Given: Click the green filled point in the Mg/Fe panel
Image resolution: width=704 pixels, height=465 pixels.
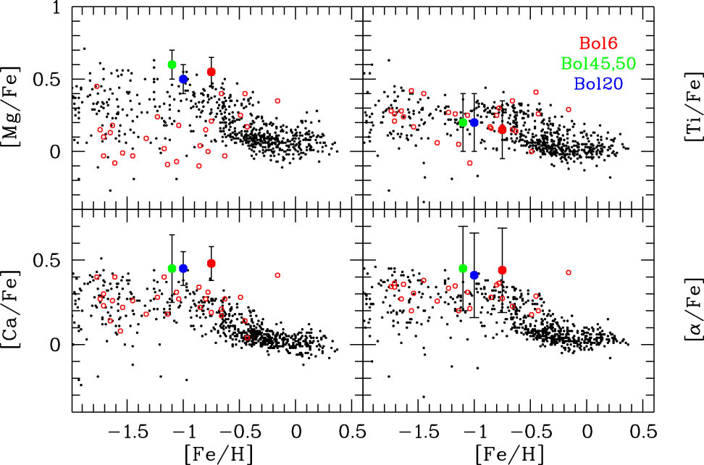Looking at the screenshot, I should point(172,64).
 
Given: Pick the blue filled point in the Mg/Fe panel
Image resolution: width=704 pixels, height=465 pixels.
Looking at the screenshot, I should point(184,79).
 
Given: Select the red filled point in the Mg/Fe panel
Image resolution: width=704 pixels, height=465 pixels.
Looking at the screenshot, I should point(211,72).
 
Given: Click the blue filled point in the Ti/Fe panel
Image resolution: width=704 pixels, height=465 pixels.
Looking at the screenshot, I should point(474,122).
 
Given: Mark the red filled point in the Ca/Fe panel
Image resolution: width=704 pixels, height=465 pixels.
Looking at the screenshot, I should point(211,264).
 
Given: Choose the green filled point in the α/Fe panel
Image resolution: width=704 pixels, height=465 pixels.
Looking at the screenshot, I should point(463,269).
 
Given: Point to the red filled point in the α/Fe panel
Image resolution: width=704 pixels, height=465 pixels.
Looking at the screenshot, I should point(502,270).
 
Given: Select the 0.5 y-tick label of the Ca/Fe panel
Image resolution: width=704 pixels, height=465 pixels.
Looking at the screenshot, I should point(48,260).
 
